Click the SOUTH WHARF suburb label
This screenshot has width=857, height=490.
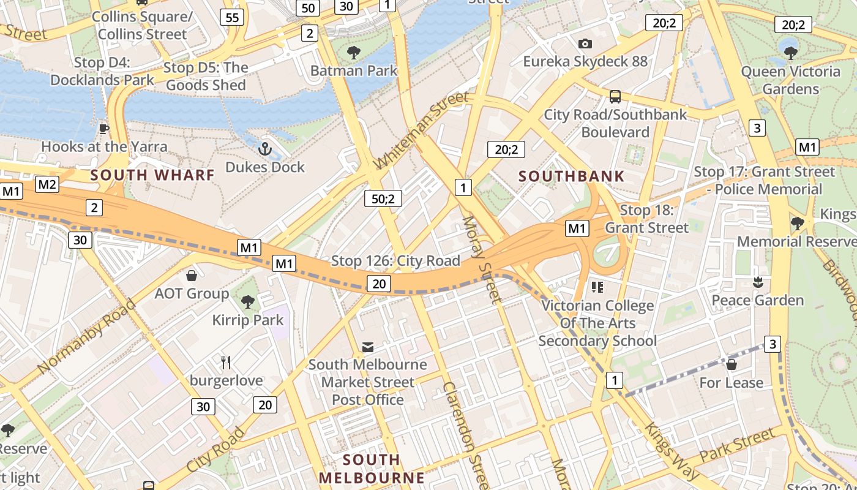[153, 175]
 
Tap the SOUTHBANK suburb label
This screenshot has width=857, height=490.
[572, 176]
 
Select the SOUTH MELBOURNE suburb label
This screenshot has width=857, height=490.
[372, 469]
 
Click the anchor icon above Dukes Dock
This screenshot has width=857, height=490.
[265, 148]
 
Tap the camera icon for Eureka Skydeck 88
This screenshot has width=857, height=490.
[585, 43]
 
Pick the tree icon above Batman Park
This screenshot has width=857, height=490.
[354, 53]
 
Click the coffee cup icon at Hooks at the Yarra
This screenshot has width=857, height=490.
[103, 129]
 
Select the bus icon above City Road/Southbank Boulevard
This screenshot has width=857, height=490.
[615, 97]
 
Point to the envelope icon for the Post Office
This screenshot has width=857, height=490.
[367, 347]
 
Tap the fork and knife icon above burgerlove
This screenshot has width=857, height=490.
[226, 363]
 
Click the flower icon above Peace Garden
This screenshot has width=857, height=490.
[758, 282]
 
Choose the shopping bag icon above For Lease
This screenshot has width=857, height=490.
[731, 365]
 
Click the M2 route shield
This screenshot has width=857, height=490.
[48, 184]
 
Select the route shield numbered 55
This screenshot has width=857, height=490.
[233, 17]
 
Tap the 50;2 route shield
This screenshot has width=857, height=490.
[383, 198]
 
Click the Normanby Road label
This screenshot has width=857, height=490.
[87, 337]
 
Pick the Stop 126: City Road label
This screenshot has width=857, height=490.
[395, 261]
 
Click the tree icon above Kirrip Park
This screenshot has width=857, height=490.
[248, 301]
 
